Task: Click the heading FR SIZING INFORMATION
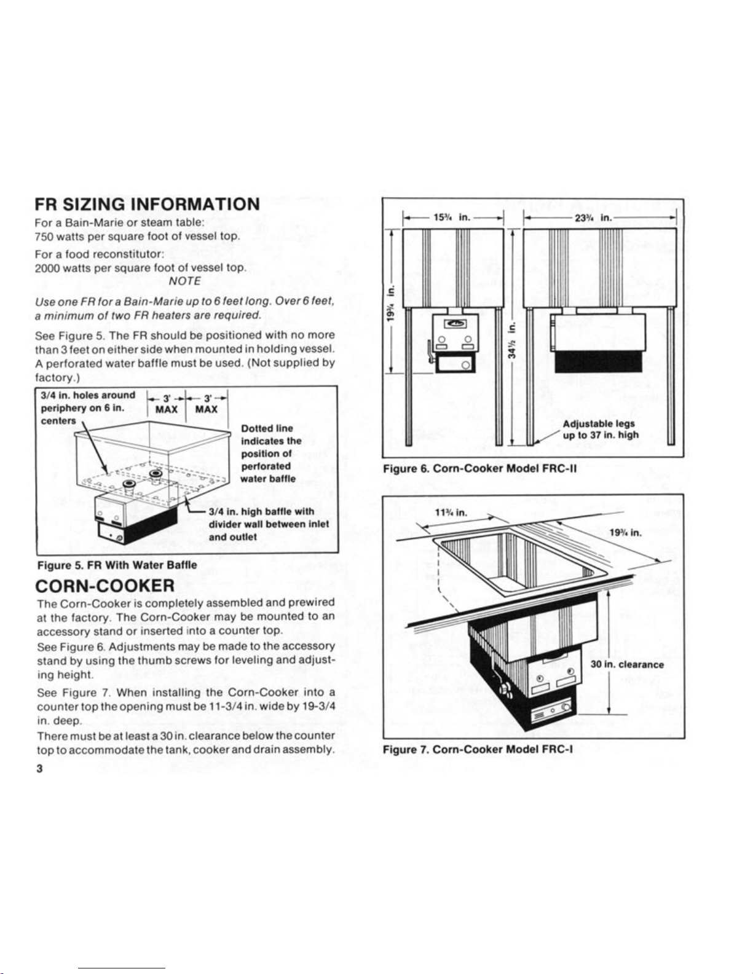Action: tap(147, 204)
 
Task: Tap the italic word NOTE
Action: tap(184, 281)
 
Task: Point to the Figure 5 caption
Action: tap(117, 565)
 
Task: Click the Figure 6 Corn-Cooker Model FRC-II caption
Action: tap(479, 469)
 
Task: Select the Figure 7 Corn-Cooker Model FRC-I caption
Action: tap(478, 749)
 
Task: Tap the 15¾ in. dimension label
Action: tap(452, 216)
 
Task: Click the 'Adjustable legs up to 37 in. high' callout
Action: tap(601, 430)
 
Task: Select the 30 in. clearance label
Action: tap(627, 664)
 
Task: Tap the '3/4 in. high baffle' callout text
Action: tap(269, 524)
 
